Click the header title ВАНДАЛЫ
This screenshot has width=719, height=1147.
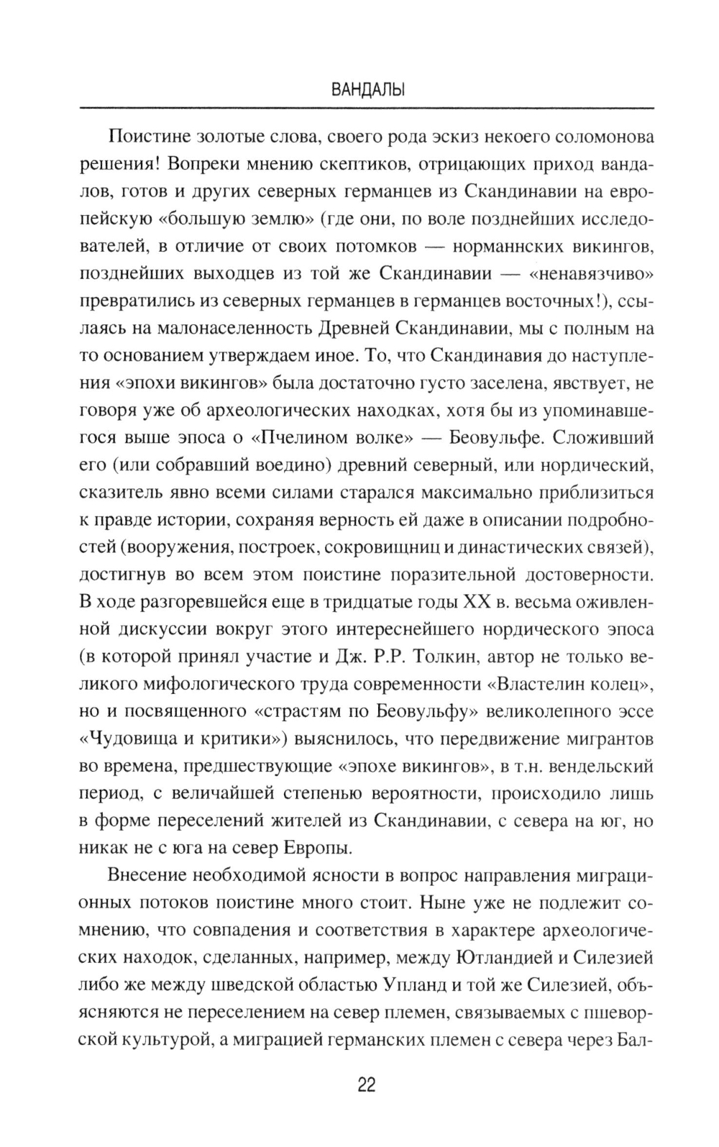pyautogui.click(x=366, y=91)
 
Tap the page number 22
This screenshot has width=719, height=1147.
pyautogui.click(x=366, y=1086)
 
